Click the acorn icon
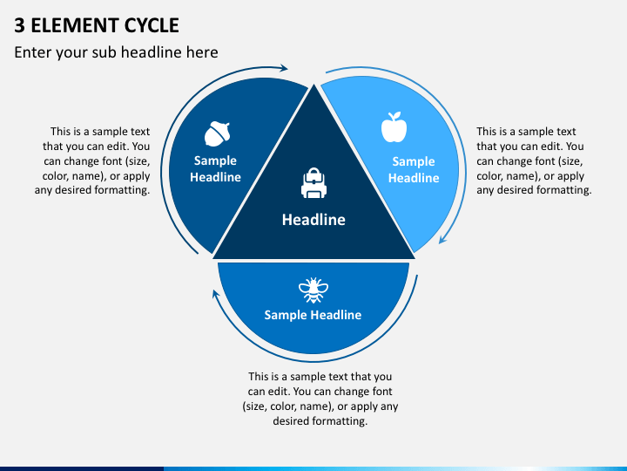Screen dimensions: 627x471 tap(218, 133)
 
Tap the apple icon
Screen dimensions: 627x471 tap(394, 127)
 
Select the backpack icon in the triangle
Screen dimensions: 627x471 tap(313, 183)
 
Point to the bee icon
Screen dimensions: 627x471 tap(313, 290)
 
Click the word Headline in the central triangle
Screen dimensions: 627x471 tap(313, 220)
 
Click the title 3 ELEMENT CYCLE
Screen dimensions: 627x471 tap(97, 25)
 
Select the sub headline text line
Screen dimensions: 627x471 tap(116, 52)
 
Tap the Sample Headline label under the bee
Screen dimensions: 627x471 tap(313, 315)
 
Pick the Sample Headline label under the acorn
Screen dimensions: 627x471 tap(215, 168)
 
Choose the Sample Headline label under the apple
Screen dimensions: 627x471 tap(414, 169)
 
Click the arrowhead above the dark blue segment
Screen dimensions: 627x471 tap(284, 68)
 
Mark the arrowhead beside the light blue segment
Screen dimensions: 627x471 tap(442, 239)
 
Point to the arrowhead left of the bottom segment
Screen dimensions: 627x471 tap(216, 295)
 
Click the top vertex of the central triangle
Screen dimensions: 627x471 tap(313, 85)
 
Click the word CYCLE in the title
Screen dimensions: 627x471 tap(152, 25)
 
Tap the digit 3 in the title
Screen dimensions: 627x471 tap(19, 25)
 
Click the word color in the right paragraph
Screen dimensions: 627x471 tap(489, 176)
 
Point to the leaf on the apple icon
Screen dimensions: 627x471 tap(397, 115)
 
